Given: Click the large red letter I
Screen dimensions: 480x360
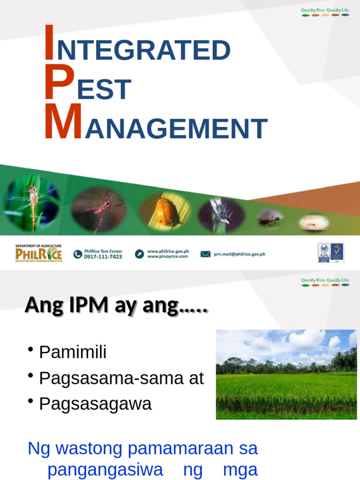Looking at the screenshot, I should pyautogui.click(x=49, y=43).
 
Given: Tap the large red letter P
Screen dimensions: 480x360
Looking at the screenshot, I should pyautogui.click(x=60, y=82).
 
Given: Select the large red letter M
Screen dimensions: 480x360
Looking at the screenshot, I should pyautogui.click(x=63, y=122).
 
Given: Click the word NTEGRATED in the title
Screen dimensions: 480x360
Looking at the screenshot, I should pyautogui.click(x=143, y=51).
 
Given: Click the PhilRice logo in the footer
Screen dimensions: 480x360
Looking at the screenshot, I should pyautogui.click(x=38, y=254).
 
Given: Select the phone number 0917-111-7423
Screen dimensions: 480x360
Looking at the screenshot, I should pyautogui.click(x=103, y=257).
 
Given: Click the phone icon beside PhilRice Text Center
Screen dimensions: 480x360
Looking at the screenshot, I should pyautogui.click(x=78, y=254).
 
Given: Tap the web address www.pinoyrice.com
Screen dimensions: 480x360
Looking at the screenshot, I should pyautogui.click(x=167, y=257).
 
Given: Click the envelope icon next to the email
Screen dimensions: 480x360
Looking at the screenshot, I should pyautogui.click(x=205, y=254).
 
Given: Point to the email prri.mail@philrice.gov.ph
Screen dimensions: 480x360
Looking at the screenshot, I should pyautogui.click(x=240, y=254).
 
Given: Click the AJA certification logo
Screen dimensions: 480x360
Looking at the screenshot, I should pyautogui.click(x=324, y=252).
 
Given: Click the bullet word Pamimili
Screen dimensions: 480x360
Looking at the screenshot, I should pyautogui.click(x=73, y=352).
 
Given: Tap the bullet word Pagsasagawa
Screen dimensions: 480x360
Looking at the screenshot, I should pyautogui.click(x=95, y=404).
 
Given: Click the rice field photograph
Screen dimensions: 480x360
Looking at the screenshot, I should pyautogui.click(x=286, y=374).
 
